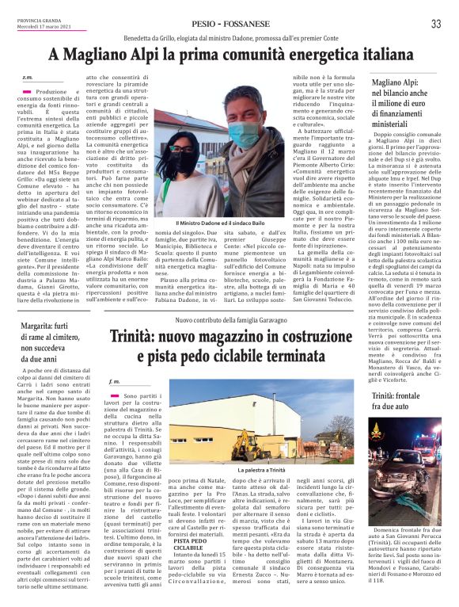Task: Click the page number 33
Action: tap(435, 24)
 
